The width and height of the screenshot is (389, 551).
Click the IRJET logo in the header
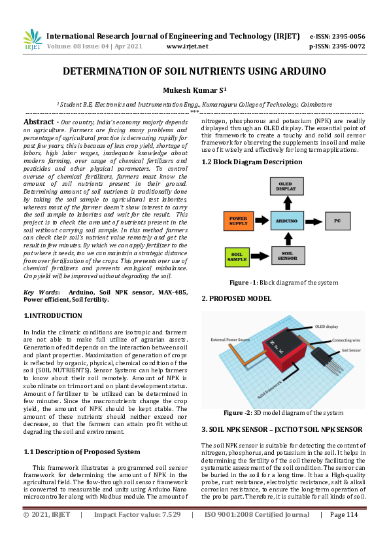[32, 40]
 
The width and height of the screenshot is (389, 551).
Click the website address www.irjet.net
[187, 46]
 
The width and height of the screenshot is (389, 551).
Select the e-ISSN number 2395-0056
[348, 37]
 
